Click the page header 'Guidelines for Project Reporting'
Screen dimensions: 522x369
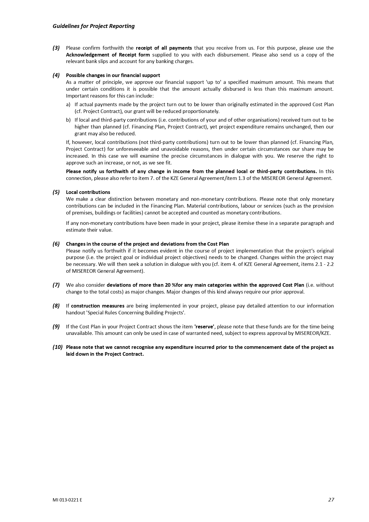(x=93, y=26)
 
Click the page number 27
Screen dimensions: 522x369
(x=331, y=500)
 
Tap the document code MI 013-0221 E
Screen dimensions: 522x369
(x=67, y=500)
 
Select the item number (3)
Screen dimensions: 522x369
(x=56, y=48)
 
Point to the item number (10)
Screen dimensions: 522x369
(x=58, y=347)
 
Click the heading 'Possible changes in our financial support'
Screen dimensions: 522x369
(x=113, y=75)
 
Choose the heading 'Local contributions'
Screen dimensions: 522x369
(x=88, y=192)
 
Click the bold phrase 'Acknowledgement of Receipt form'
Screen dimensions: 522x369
(x=108, y=55)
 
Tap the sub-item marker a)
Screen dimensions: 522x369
(x=68, y=105)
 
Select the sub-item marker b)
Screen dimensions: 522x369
(x=68, y=120)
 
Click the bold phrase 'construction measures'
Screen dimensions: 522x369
(x=98, y=306)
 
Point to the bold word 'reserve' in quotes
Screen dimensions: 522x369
(x=204, y=327)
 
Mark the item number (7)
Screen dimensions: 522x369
(x=56, y=285)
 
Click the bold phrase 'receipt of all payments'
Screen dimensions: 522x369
(x=164, y=48)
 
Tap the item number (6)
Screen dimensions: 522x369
(x=56, y=244)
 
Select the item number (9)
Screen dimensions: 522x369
(x=56, y=327)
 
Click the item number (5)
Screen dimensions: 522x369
(x=56, y=192)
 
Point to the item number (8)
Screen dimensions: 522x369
(x=56, y=306)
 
